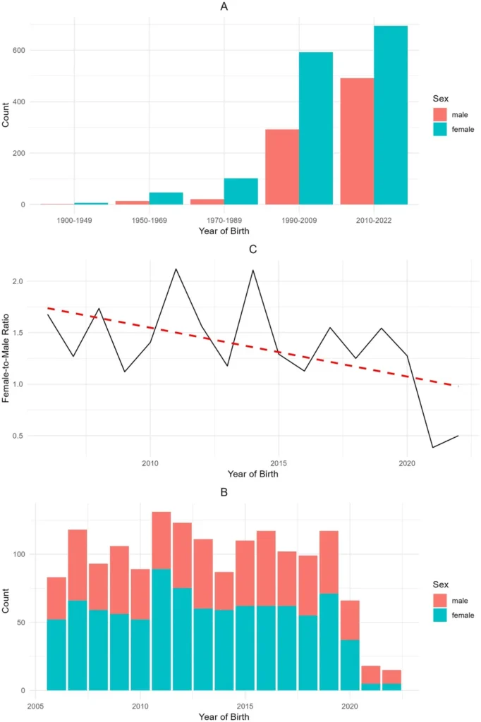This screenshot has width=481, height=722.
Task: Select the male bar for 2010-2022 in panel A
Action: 357,141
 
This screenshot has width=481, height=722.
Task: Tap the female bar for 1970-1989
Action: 241,191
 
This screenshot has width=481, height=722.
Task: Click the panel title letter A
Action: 224,8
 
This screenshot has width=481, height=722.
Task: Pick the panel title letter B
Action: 224,491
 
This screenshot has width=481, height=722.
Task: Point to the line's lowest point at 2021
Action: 432,447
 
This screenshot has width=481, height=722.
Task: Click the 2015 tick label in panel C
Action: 279,463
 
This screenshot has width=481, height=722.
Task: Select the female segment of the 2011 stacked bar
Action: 162,630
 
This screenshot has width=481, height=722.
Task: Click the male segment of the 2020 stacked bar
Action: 351,620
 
